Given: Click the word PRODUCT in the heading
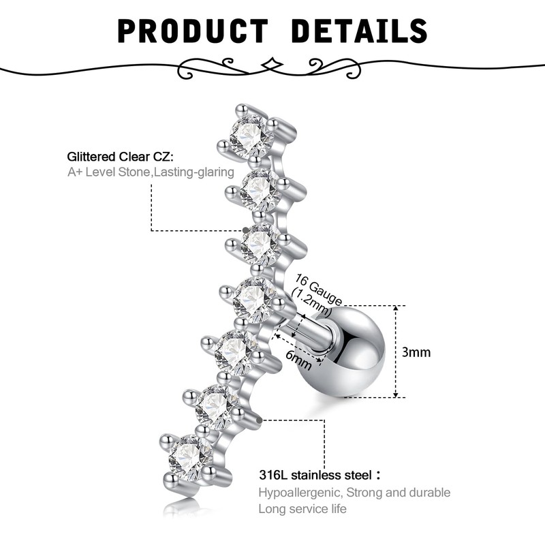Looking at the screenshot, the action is tap(193, 31).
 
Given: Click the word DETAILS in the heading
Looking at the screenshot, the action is tap(359, 31).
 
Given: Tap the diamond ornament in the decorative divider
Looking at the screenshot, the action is tap(272, 63).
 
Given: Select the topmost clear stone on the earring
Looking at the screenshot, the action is tap(249, 134).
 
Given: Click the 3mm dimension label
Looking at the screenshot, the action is tap(417, 352).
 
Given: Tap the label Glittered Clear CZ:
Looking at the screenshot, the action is tap(121, 157).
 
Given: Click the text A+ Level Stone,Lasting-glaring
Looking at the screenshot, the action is tap(151, 172).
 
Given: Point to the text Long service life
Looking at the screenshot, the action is tap(302, 509).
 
